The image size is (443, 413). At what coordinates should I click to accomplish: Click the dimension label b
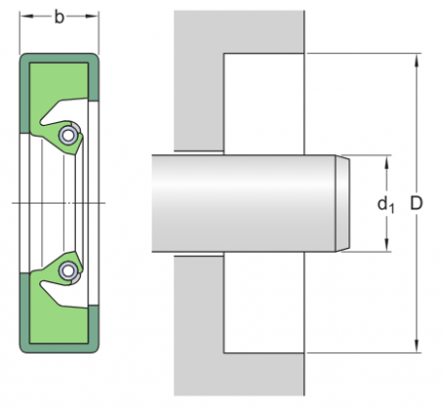pyautogui.click(x=60, y=17)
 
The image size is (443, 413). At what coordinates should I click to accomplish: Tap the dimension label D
pyautogui.click(x=416, y=204)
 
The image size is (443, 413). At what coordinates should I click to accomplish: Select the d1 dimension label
pyautogui.click(x=384, y=205)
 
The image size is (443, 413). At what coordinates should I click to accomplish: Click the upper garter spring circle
pyautogui.click(x=68, y=135)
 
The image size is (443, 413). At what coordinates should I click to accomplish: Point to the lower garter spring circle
pyautogui.click(x=68, y=269)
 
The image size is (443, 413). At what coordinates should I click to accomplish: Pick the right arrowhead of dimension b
pyautogui.click(x=95, y=17)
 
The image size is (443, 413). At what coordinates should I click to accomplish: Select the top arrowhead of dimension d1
pyautogui.click(x=387, y=160)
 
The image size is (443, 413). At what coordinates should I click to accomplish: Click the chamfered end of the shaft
pyautogui.click(x=344, y=204)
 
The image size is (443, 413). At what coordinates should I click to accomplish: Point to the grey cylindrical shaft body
pyautogui.click(x=246, y=204)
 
